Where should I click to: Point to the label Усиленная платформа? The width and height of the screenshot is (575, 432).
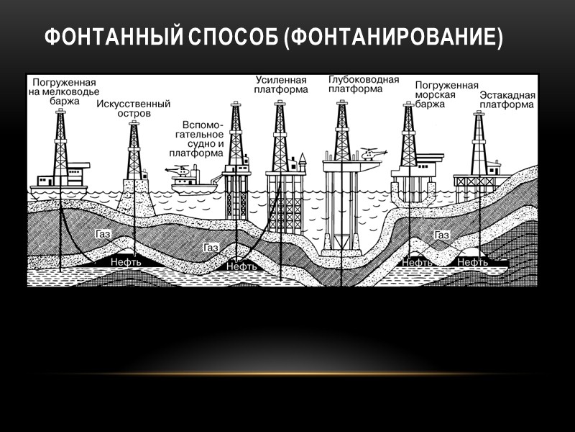coord(281,84)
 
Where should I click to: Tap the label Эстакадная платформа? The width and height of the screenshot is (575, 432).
coord(506,99)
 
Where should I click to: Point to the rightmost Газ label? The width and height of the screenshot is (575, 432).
coord(441,235)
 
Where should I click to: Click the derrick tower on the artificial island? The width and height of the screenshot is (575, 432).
coord(133,151)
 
